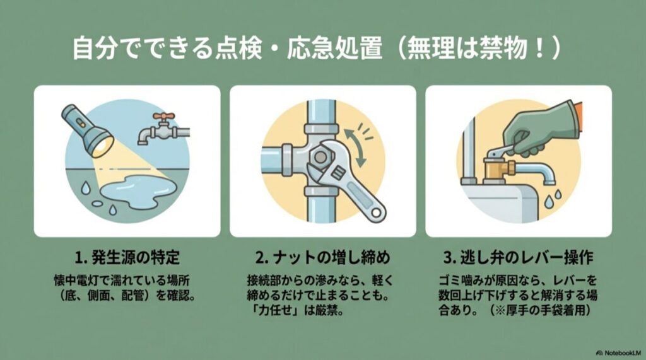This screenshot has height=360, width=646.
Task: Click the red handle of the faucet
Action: tap(165, 117)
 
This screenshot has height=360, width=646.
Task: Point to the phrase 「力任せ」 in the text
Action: tap(271, 312)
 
